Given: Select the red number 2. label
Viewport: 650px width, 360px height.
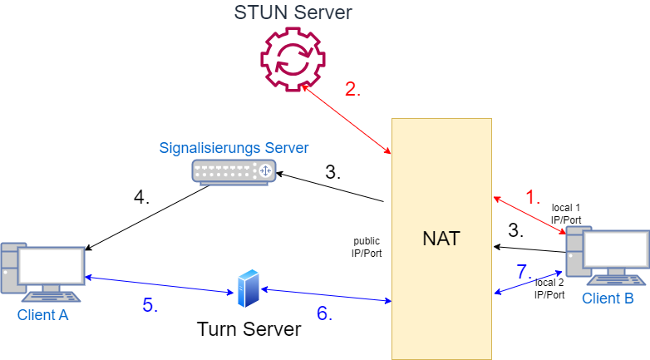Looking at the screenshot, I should pyautogui.click(x=353, y=91).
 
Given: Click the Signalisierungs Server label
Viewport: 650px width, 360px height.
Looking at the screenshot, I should pyautogui.click(x=234, y=148).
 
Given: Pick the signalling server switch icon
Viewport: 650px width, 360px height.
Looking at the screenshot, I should pyautogui.click(x=234, y=170).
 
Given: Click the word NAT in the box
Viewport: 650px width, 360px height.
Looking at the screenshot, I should pyautogui.click(x=441, y=239).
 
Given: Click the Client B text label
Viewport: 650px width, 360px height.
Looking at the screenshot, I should pyautogui.click(x=608, y=298).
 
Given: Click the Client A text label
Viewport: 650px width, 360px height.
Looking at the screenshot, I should pyautogui.click(x=42, y=315).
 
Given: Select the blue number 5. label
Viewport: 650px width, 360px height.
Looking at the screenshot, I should pyautogui.click(x=150, y=305).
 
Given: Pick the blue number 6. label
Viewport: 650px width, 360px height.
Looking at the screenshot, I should pyautogui.click(x=323, y=313).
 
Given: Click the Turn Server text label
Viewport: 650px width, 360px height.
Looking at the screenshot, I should pyautogui.click(x=249, y=329).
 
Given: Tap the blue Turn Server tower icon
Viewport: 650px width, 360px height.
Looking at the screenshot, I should pyautogui.click(x=248, y=288).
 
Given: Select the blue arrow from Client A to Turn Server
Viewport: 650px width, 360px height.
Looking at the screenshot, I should pyautogui.click(x=158, y=284).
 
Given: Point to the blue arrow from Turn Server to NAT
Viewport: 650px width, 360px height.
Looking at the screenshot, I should pyautogui.click(x=326, y=295).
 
